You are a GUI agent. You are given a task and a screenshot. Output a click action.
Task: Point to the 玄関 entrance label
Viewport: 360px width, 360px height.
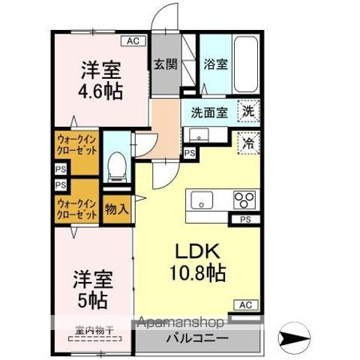[166, 64]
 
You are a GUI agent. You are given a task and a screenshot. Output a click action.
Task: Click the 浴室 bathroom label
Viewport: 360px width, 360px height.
[217, 64]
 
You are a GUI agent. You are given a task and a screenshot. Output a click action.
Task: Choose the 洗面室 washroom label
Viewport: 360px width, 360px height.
[208, 113]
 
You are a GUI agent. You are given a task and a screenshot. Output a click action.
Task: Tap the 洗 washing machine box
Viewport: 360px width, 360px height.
[247, 112]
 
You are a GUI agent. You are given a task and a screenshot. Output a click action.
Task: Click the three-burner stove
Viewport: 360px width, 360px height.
[244, 200]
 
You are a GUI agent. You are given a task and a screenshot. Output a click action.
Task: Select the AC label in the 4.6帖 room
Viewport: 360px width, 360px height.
[133, 40]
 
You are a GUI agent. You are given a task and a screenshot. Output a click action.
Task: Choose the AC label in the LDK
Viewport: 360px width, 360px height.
[245, 304]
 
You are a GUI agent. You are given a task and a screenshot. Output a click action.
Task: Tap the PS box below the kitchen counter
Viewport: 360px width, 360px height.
[245, 220]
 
